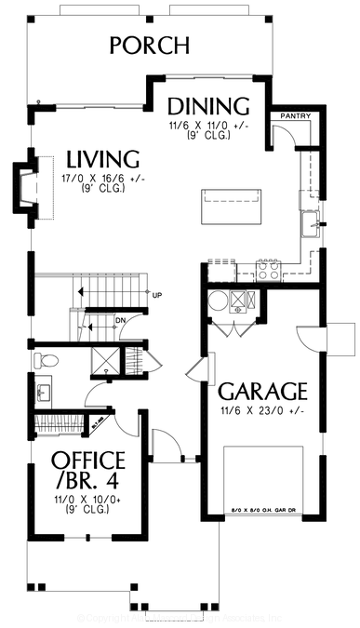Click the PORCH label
click(149, 46)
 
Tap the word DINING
click(209, 105)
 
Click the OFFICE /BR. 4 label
click(88, 471)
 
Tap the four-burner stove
click(268, 271)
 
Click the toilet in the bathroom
click(47, 360)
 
